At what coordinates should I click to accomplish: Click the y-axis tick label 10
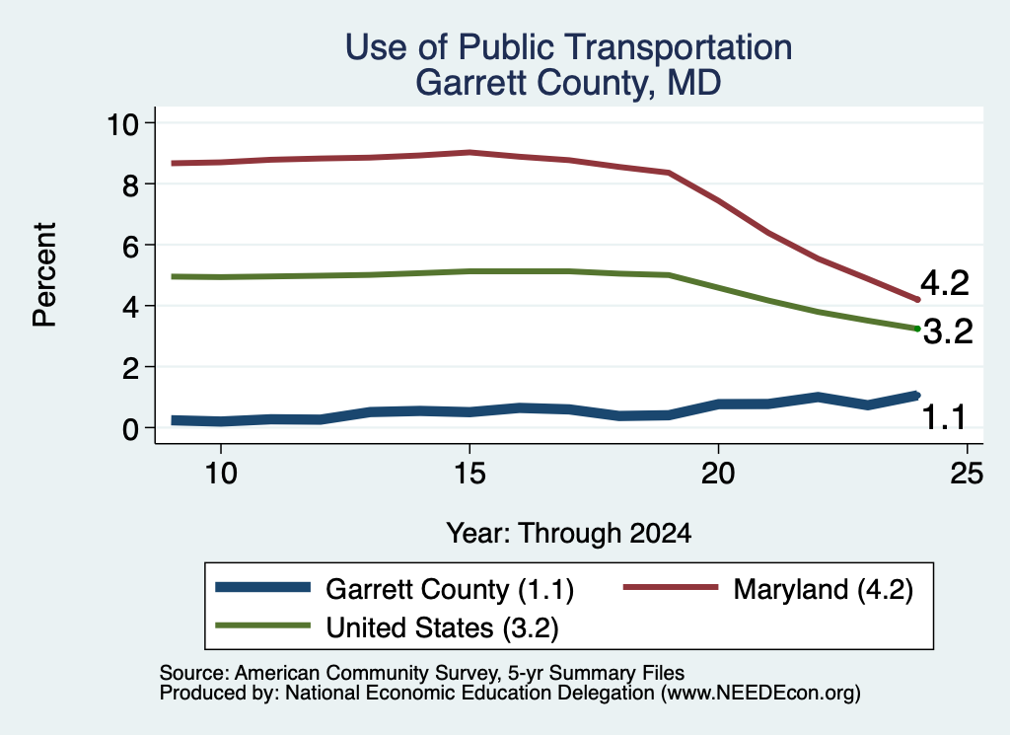pos(123,123)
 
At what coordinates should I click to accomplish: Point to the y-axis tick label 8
pos(131,185)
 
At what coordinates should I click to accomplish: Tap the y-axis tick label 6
pos(131,246)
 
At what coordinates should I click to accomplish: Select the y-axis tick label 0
pos(131,429)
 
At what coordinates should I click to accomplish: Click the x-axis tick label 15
pos(469,474)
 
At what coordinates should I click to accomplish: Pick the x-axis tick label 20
pos(718,474)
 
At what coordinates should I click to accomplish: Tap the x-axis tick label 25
pos(967,474)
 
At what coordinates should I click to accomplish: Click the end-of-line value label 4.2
pos(944,283)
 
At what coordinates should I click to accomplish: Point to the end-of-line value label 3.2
pos(948,331)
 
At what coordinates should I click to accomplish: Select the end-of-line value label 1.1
pos(944,417)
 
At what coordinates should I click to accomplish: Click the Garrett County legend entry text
pos(450,589)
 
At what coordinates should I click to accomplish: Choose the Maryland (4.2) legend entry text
pos(824,589)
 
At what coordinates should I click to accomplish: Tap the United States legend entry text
pos(443,627)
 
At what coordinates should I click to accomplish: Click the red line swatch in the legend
pos(671,587)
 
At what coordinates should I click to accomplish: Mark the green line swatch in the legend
pos(262,625)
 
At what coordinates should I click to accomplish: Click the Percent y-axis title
pos(45,275)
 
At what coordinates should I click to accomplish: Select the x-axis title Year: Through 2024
pos(569,534)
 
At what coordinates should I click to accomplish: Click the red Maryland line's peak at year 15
pos(470,153)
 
